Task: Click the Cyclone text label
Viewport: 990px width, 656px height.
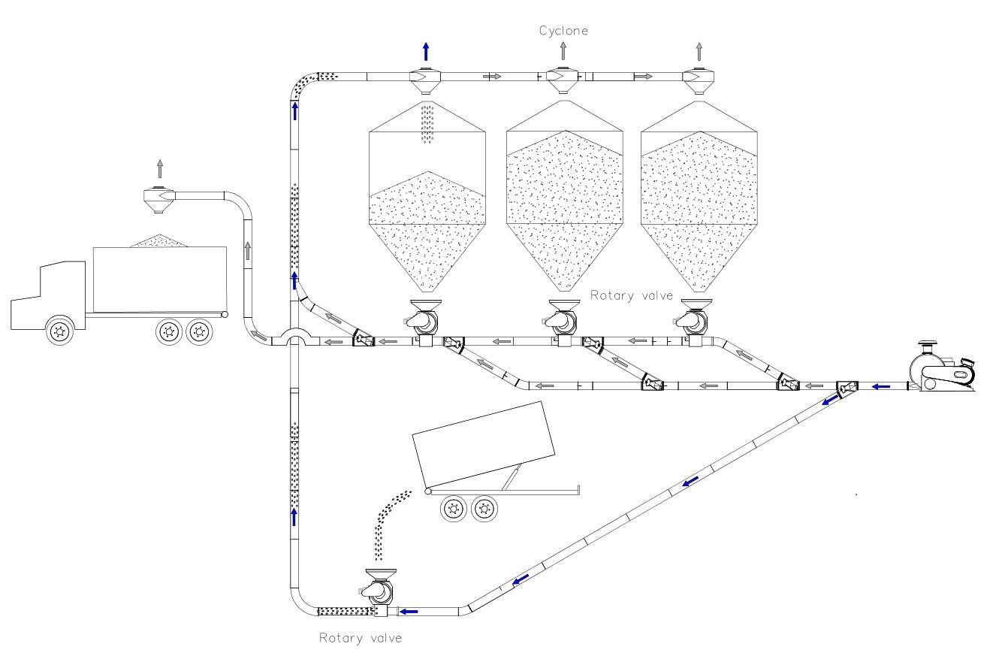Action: coord(563,31)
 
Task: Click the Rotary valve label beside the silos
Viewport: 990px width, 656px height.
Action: coord(632,295)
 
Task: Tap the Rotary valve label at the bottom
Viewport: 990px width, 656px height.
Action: coord(361,638)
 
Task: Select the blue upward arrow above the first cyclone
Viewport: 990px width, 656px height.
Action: coord(426,51)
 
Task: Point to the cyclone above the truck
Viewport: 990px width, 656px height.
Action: coord(159,200)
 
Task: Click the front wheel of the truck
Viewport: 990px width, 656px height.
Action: coord(59,330)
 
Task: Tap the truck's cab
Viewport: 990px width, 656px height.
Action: coord(48,295)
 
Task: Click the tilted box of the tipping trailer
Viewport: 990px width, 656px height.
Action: coord(484,443)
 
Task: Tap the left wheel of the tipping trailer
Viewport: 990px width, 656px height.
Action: coord(454,509)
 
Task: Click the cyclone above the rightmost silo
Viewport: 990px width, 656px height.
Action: coord(699,80)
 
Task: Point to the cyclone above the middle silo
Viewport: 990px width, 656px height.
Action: coord(562,80)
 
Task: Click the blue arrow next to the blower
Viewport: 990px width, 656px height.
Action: coord(881,387)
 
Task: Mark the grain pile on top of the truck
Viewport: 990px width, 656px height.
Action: coord(160,241)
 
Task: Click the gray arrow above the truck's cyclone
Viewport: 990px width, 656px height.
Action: coord(160,169)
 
